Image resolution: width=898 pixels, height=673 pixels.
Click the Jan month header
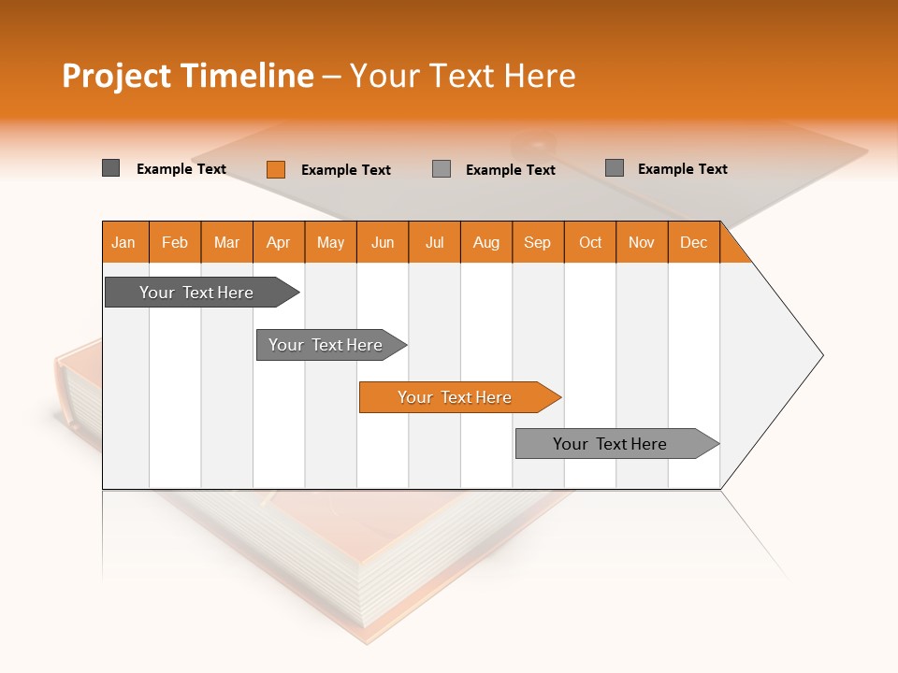[123, 243]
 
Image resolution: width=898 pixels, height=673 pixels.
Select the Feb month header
[175, 243]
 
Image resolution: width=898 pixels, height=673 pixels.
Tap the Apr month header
[278, 243]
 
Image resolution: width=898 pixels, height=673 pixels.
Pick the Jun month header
[383, 243]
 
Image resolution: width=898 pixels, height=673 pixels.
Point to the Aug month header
[485, 243]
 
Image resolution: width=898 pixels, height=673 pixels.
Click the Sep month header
[537, 243]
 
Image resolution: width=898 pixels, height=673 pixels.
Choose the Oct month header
[590, 243]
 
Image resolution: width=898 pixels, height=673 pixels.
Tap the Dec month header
[693, 243]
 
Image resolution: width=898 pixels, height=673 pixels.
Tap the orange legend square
[276, 169]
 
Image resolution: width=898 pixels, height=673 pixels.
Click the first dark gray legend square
[111, 168]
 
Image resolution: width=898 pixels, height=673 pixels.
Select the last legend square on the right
[615, 168]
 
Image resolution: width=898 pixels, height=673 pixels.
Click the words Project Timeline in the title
[187, 76]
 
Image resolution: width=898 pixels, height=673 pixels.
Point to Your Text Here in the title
[462, 76]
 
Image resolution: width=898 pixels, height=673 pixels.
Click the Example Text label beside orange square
[345, 170]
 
